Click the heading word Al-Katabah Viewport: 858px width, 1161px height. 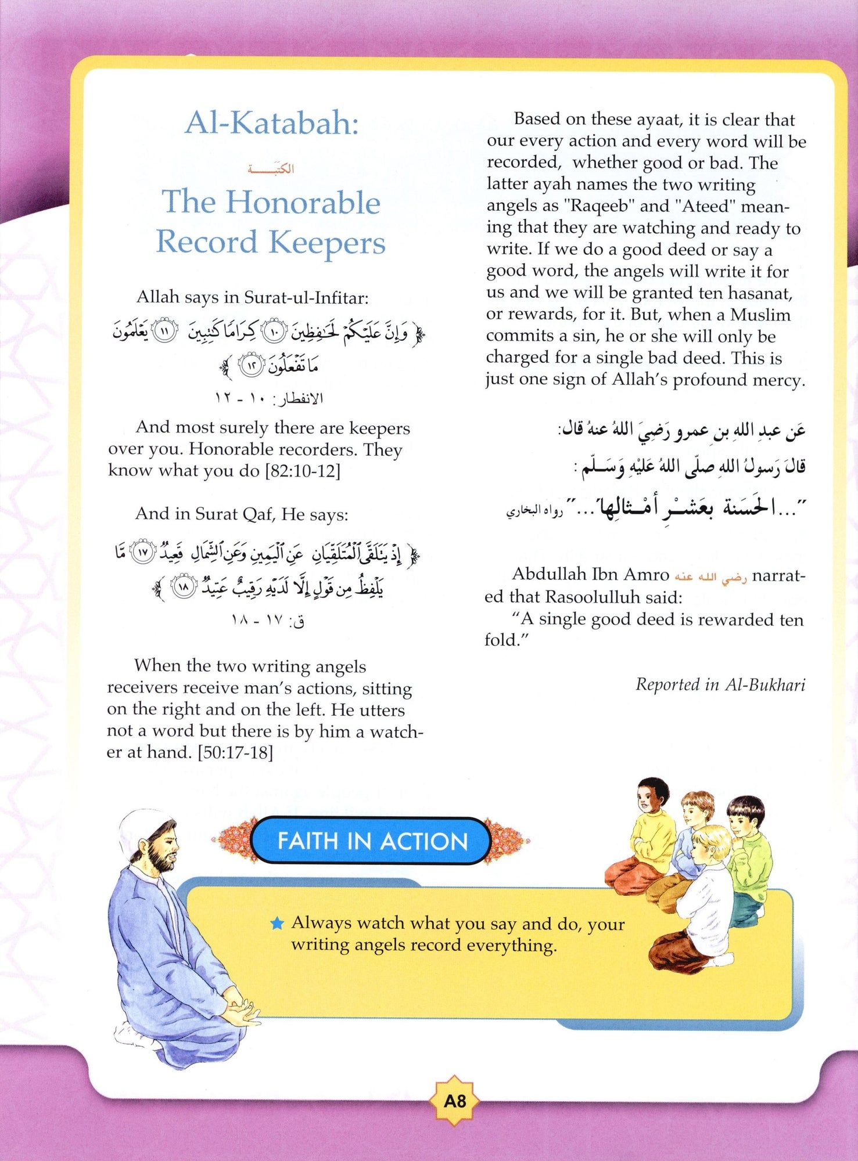coord(272,124)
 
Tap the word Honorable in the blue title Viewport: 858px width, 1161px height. coord(303,203)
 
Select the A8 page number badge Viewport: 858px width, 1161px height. coord(454,1101)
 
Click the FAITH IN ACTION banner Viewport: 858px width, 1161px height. coord(372,841)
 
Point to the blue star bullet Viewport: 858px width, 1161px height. coord(278,923)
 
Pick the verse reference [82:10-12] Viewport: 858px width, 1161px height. coord(303,471)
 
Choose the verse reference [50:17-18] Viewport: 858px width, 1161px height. coord(235,752)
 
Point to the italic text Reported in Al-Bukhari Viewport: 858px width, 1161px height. coord(720,685)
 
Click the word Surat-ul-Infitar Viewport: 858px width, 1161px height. coord(306,298)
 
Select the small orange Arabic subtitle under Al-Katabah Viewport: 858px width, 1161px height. coord(271,169)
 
